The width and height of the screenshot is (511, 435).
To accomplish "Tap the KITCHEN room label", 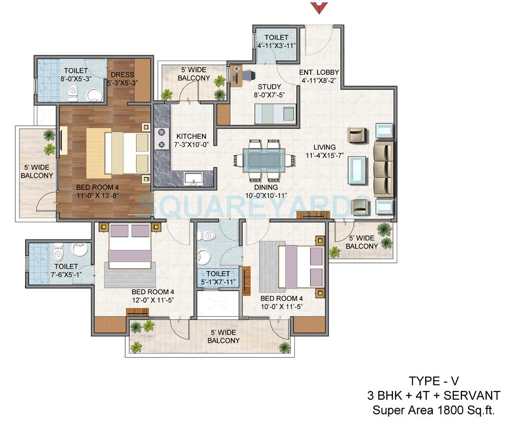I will click(191, 137).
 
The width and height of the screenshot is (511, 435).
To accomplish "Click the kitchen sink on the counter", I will click(194, 179).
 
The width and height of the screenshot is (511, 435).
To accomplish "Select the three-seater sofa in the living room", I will click(383, 169).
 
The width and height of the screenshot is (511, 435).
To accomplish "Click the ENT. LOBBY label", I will click(318, 72).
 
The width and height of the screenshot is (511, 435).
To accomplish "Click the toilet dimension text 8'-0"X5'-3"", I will click(76, 79).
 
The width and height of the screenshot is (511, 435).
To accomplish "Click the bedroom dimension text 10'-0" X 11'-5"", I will click(282, 307).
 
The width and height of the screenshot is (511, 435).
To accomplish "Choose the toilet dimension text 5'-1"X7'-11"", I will click(218, 282).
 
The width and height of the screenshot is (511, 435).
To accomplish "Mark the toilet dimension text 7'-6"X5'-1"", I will click(66, 275).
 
